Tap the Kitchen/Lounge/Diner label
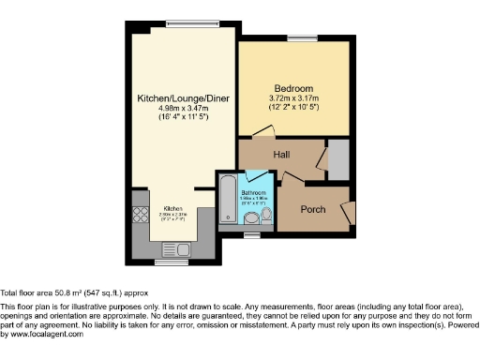[x=184, y=98]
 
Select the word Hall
[x=280, y=154]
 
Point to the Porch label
[x=312, y=208]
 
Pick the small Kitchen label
[x=173, y=208]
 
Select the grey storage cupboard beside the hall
[x=337, y=159]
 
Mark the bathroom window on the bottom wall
[x=250, y=234]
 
